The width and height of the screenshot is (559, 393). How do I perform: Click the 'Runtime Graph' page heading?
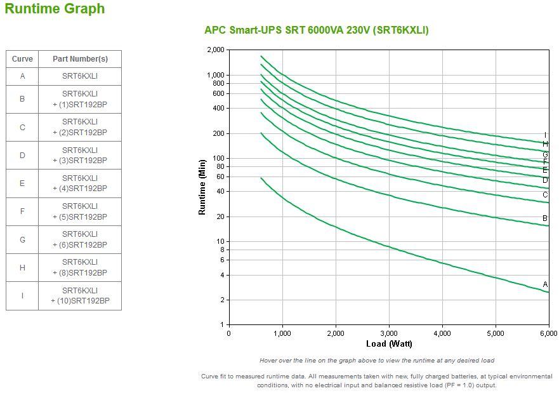tap(55, 9)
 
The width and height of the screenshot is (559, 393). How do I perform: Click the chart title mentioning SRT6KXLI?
tap(316, 30)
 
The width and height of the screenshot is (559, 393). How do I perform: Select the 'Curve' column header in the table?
tap(22, 59)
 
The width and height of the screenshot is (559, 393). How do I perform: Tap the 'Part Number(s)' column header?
tap(80, 59)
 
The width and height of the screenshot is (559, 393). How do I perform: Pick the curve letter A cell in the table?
tap(22, 76)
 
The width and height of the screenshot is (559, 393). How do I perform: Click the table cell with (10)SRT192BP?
tap(80, 296)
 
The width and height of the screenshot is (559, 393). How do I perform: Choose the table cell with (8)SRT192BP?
tap(80, 268)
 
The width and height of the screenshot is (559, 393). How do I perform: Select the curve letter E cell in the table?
tap(22, 183)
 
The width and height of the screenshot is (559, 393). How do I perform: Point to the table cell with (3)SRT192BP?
tap(80, 156)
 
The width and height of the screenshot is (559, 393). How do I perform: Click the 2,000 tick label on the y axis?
tap(216, 50)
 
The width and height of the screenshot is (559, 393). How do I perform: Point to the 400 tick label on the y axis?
tap(218, 108)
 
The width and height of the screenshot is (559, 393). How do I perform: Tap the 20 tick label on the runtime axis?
tap(220, 216)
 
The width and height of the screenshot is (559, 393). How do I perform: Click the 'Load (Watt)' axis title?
tap(389, 344)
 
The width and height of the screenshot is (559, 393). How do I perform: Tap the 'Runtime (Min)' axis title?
tap(202, 187)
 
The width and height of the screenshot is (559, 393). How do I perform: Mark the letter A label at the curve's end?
tap(545, 284)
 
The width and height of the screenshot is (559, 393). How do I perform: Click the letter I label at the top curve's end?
tap(545, 135)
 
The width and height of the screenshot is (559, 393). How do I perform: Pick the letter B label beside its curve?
tap(545, 218)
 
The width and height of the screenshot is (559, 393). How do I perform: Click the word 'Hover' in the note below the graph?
tap(270, 361)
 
